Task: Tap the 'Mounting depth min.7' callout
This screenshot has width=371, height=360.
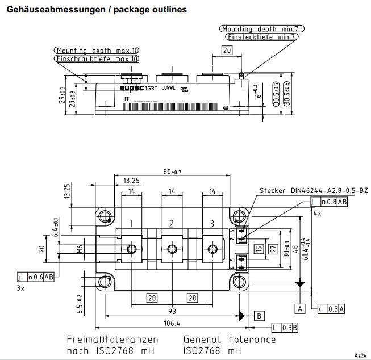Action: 262,28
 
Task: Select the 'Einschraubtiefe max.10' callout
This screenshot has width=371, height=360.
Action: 97,58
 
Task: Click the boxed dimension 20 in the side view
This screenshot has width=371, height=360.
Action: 227,50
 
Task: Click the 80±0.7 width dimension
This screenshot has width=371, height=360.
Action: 172,171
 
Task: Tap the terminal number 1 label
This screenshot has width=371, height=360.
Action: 131,223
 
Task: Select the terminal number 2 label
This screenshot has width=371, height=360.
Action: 172,223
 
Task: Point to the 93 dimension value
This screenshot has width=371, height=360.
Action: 172,312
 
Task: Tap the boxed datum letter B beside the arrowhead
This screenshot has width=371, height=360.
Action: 259,315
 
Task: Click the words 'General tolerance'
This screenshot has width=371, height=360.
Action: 230,340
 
